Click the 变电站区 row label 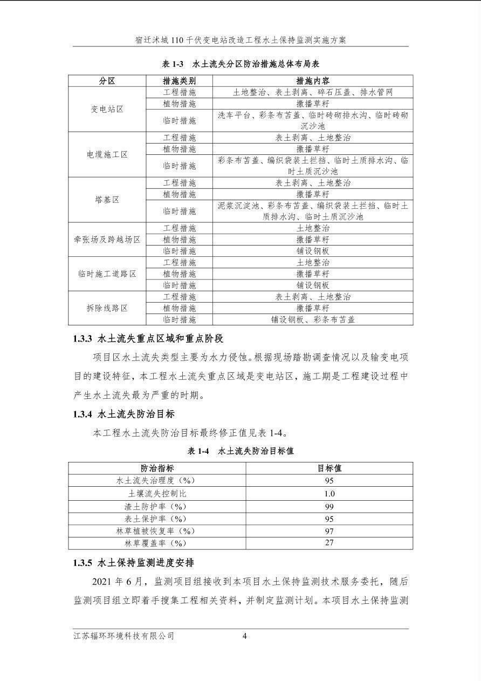107,109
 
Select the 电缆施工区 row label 107,154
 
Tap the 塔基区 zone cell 107,200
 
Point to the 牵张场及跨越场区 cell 107,239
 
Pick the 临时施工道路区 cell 107,274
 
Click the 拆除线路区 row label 107,308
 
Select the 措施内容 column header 313,81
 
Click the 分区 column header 107,81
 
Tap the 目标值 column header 329,468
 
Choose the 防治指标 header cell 157,468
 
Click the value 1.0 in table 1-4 329,494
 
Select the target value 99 329,507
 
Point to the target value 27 329,543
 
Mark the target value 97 329,531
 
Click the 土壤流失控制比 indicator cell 157,494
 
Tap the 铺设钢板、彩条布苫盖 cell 313,319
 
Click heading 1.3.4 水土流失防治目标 123,414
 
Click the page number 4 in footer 245,636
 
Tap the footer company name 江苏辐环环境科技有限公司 124,636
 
